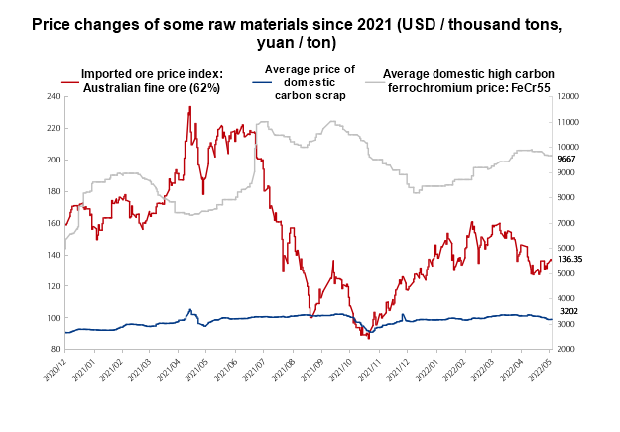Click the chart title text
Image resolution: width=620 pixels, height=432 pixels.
310,32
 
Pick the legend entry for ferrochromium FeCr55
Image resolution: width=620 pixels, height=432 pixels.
467,80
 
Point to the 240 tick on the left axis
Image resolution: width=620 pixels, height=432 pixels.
53,96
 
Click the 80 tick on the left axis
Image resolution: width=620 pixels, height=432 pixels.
55,350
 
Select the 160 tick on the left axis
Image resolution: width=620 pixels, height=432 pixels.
53,223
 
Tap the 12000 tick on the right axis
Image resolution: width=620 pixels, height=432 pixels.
569,96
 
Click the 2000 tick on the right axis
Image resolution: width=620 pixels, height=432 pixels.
567,350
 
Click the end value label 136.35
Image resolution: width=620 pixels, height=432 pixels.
570,259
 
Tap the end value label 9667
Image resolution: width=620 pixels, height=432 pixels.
567,159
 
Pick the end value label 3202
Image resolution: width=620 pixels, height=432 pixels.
567,311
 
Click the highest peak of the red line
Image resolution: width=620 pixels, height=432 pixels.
189,107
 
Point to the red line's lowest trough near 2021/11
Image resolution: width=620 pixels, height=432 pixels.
368,338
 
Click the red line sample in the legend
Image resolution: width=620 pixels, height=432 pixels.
69,80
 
